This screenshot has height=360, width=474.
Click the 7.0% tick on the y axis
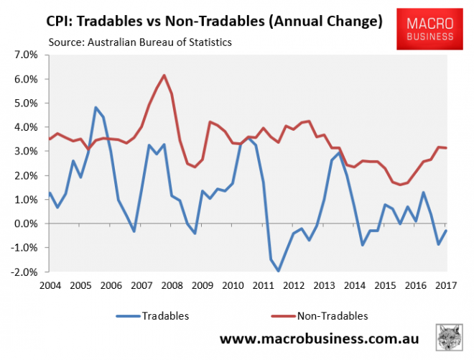pos(24,55)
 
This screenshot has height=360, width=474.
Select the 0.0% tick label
pos(24,224)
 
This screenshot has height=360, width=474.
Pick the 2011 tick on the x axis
pos(263,286)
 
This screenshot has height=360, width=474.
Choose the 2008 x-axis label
pos(171,286)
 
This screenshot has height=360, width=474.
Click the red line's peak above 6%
pos(164,75)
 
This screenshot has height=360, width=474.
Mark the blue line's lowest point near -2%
pos(278,271)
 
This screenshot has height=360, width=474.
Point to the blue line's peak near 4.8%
pos(96,108)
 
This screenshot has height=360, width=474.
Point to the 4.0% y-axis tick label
pos(24,127)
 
